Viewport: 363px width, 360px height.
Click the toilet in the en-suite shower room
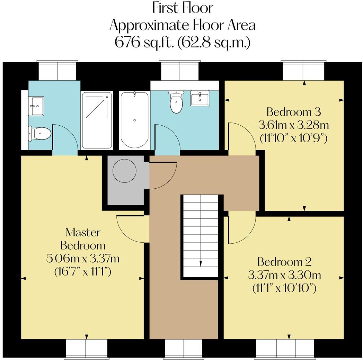[39, 134]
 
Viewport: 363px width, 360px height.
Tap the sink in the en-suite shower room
[36, 106]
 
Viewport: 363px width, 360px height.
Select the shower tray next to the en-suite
[97, 120]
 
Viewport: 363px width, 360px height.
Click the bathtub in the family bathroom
[134, 120]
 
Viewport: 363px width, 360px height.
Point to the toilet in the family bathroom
[176, 102]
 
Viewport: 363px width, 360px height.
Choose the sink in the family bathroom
[200, 98]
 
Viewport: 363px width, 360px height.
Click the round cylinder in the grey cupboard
[124, 171]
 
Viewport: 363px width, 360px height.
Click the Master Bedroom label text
[83, 239]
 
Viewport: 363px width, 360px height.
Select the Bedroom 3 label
[293, 112]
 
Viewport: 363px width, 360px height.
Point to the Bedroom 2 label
[284, 262]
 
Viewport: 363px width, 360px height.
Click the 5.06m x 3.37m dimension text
[83, 259]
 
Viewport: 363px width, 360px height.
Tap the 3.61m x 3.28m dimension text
[293, 125]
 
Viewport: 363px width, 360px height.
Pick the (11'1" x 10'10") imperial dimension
[284, 288]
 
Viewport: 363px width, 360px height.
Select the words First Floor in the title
[183, 8]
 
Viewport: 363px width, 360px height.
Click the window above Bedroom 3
[303, 71]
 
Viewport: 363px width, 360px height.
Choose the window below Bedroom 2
[286, 349]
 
